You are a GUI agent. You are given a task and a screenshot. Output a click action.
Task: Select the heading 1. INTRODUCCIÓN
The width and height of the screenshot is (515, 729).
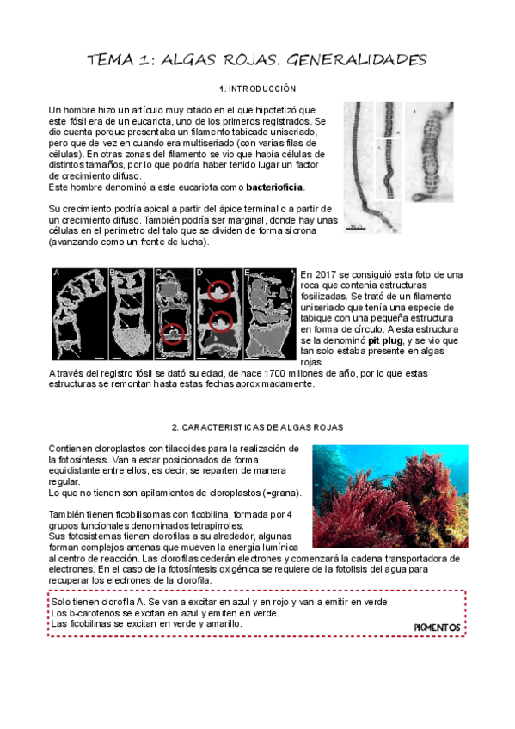tap(257, 89)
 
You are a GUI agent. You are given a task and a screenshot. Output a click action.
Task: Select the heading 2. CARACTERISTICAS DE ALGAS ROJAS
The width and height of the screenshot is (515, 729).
tap(257, 426)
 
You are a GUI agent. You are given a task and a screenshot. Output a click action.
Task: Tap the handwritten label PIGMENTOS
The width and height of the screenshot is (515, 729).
tap(437, 628)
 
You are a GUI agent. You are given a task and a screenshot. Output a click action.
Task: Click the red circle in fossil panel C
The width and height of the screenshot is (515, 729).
tap(172, 333)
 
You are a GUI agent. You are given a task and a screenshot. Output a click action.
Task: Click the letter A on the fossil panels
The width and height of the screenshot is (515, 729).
tap(56, 273)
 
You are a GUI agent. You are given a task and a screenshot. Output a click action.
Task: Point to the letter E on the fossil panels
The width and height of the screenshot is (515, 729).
tap(248, 273)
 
